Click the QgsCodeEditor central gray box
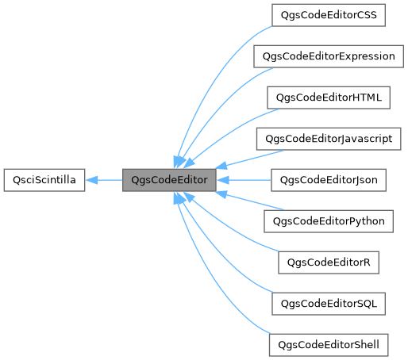click(168, 180)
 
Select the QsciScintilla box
click(45, 180)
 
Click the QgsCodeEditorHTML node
click(329, 98)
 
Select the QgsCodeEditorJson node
click(329, 180)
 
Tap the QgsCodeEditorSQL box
click(329, 304)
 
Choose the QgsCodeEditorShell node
click(329, 345)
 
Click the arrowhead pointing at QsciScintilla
click(91, 180)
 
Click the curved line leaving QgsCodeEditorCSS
click(230, 44)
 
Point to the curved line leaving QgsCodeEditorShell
click(230, 316)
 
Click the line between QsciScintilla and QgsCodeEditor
click(107, 180)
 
